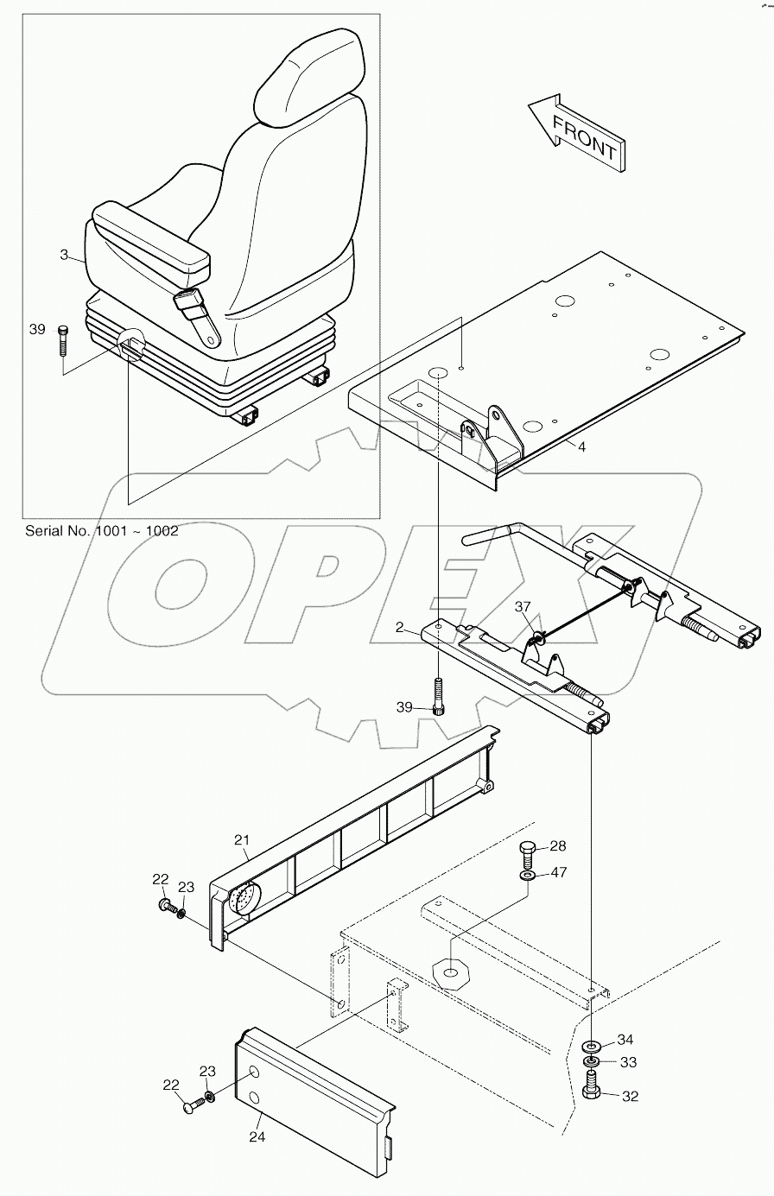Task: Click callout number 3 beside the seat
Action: pyautogui.click(x=63, y=254)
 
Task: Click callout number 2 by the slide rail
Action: pyautogui.click(x=399, y=628)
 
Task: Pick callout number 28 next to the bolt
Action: pyautogui.click(x=558, y=845)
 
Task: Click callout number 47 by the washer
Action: pyautogui.click(x=558, y=873)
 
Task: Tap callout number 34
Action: pyautogui.click(x=625, y=1039)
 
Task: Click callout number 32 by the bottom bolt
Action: pyautogui.click(x=630, y=1097)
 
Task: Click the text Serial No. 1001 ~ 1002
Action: pyautogui.click(x=102, y=531)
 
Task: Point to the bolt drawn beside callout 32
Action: pyautogui.click(x=592, y=1085)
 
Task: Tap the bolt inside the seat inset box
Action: pyautogui.click(x=62, y=341)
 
